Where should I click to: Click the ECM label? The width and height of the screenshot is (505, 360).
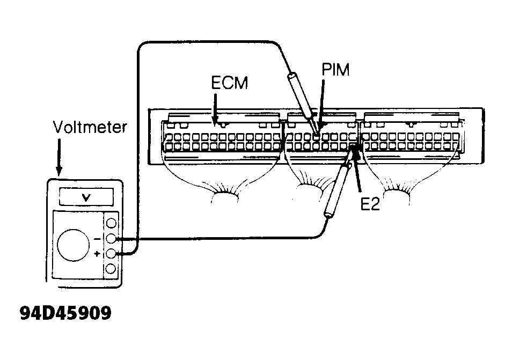229,83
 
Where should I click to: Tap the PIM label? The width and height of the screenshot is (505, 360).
335,69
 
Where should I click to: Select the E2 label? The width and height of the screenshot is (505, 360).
370,204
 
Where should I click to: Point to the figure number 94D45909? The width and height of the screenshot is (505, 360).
65,313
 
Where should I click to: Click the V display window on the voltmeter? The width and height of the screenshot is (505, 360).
86,197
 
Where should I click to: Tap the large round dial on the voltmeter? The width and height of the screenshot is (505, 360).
74,245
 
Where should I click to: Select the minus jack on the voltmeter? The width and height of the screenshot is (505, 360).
111,239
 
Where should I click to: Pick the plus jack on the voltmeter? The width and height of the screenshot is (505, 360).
111,254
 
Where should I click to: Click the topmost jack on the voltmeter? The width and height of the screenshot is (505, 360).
111,223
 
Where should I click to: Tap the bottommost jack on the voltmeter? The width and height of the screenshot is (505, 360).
111,269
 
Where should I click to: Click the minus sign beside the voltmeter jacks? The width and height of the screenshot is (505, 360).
97,239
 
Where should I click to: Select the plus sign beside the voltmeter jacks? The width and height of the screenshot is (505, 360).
97,254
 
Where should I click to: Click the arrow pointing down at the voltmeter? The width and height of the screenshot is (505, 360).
59,157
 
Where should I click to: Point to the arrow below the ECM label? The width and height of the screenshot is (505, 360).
215,109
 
